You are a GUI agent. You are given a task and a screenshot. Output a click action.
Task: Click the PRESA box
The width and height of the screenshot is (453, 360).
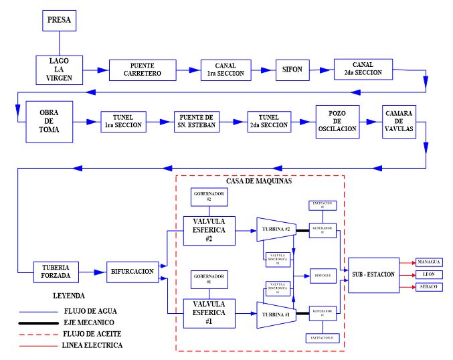[x=59, y=21]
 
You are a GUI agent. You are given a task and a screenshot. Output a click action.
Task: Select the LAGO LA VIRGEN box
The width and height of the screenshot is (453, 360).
[x=59, y=70]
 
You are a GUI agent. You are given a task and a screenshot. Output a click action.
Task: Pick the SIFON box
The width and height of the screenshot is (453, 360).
[x=292, y=70]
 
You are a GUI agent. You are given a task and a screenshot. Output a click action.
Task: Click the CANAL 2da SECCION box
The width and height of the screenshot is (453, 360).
[x=359, y=69]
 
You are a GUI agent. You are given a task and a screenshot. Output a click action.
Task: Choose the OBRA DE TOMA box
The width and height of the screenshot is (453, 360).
[x=50, y=122]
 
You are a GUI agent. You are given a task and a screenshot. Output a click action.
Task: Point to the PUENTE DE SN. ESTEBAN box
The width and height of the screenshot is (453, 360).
[x=197, y=122]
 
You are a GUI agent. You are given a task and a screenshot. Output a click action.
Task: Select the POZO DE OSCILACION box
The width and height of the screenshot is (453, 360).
[x=339, y=122]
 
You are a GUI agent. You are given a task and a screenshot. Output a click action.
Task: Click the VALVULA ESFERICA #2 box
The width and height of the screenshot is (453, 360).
[x=208, y=231]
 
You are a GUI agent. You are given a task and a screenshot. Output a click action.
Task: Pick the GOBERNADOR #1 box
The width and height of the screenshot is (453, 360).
[x=208, y=278]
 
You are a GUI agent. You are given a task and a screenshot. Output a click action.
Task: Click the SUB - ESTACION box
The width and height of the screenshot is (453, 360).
[x=373, y=274]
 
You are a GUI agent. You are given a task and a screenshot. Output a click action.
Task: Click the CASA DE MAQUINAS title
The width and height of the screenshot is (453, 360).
[x=259, y=181]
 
